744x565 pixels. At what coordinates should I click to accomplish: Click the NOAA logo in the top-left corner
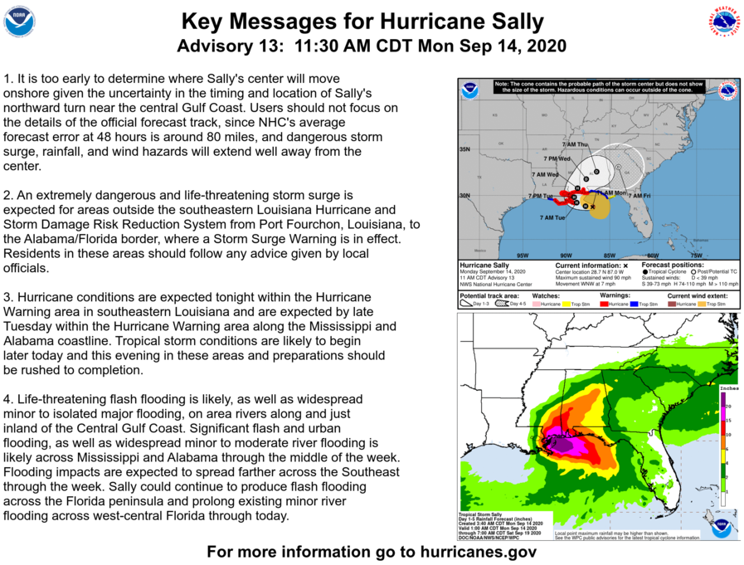pos(19,21)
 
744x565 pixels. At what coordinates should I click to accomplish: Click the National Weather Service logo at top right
pos(724,22)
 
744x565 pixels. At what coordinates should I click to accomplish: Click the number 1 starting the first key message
pos(7,79)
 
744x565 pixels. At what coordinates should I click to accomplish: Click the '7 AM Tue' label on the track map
pos(552,217)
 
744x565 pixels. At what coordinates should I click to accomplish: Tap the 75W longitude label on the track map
pos(697,255)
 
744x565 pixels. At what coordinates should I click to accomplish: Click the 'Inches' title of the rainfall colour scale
pos(728,387)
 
